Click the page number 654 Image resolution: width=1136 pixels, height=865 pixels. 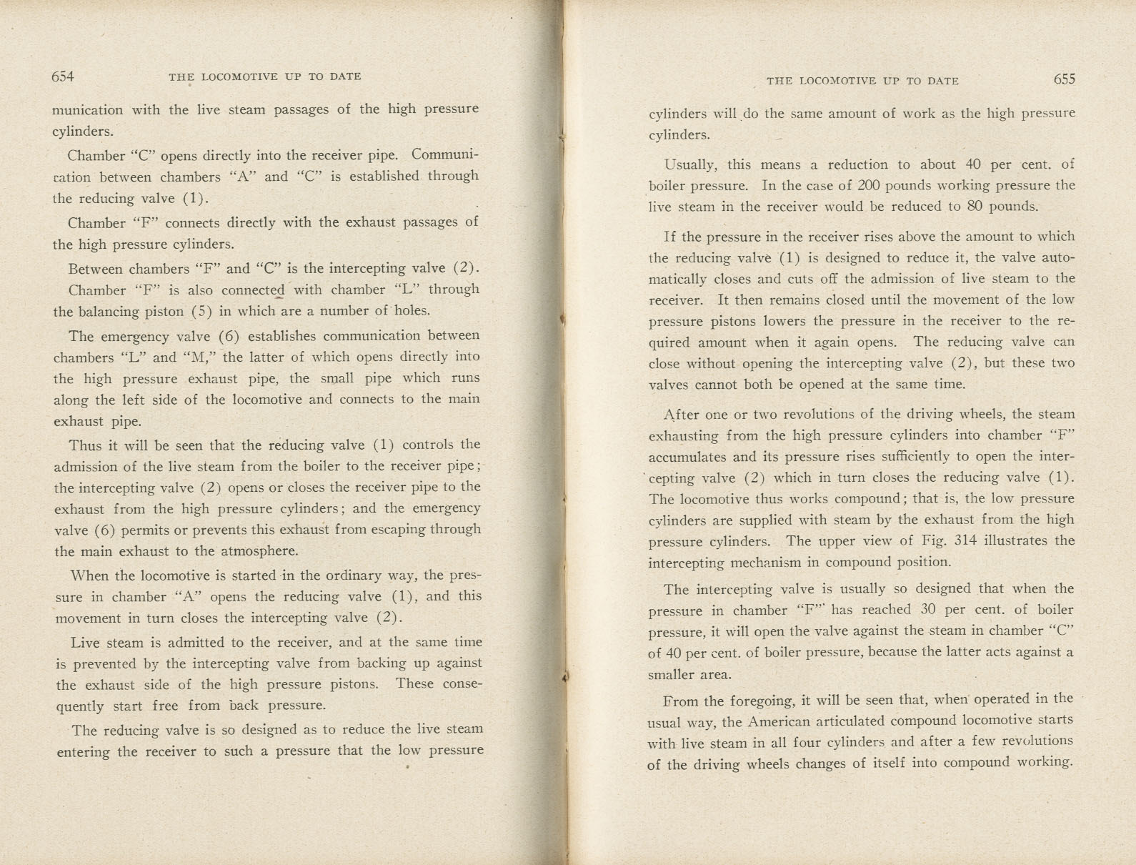[63, 76]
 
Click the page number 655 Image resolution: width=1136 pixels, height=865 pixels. [1064, 79]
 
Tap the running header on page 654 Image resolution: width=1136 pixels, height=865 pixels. [265, 76]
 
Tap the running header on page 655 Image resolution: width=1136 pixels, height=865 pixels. [862, 81]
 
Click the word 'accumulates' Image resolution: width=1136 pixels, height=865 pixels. [687, 457]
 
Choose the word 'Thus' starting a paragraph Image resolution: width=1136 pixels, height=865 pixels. [85, 445]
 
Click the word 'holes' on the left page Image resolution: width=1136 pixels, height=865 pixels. [410, 311]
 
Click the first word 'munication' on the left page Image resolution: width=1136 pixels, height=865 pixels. [87, 110]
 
